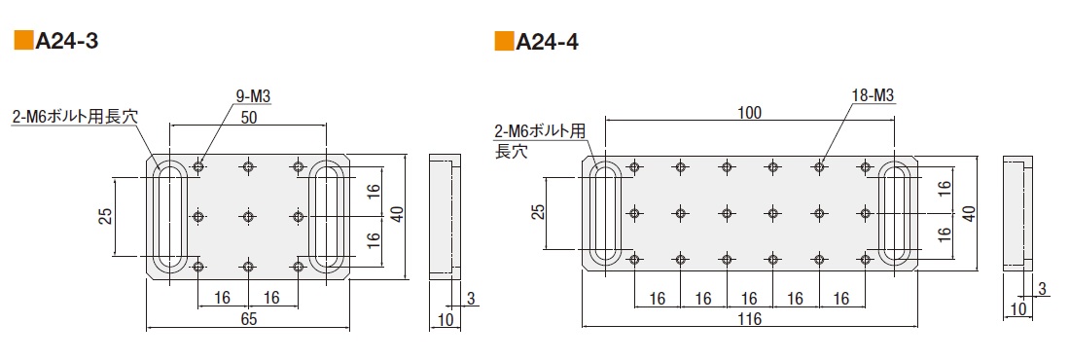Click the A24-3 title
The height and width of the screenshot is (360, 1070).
pos(67,42)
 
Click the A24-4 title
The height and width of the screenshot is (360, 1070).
pos(548,42)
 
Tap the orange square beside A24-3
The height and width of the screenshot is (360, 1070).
pos(24,41)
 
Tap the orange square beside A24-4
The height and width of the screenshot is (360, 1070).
pos(504,41)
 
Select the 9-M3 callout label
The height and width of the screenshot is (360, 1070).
pos(253,97)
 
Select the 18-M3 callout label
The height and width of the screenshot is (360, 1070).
pos(873,95)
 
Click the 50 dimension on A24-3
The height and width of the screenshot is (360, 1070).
pos(248,117)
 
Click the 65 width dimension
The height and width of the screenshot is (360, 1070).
pos(248,319)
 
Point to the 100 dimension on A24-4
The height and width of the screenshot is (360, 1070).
pos(749,112)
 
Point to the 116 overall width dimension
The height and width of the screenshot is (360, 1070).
pos(749,319)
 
